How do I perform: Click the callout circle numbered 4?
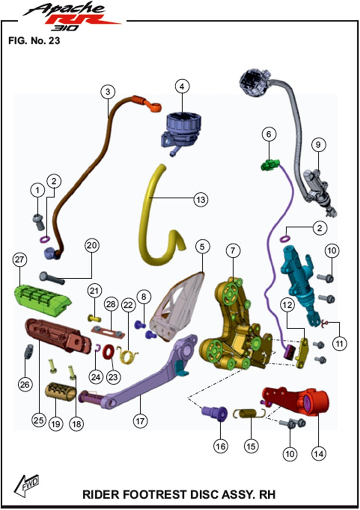(x=182, y=86)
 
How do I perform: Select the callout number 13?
(x=201, y=199)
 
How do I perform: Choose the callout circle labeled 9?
(x=318, y=145)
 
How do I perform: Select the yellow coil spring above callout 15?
(x=249, y=414)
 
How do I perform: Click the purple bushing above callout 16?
(x=214, y=412)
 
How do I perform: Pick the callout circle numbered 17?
(x=140, y=421)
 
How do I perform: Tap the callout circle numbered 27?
(x=20, y=259)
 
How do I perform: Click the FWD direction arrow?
(x=26, y=485)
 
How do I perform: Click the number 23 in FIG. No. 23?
(x=54, y=41)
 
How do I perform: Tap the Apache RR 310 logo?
(x=72, y=17)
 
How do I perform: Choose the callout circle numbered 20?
(x=92, y=245)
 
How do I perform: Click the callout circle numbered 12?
(x=288, y=305)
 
